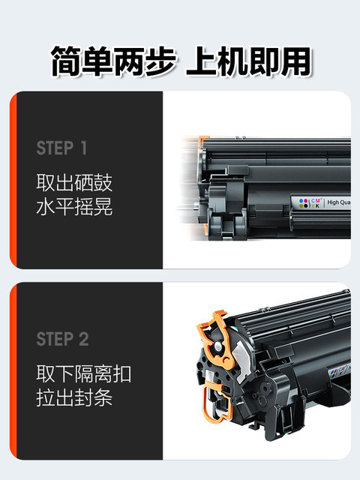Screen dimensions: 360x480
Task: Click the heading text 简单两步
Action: (113, 61)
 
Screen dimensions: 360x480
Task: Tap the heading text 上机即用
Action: (249, 61)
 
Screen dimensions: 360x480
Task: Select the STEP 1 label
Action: (61, 148)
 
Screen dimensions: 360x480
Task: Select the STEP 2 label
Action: (63, 339)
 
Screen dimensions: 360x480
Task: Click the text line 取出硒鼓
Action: (74, 183)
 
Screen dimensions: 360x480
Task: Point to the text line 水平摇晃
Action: (74, 206)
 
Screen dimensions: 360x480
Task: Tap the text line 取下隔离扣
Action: (84, 373)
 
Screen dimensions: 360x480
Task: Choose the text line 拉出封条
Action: (74, 397)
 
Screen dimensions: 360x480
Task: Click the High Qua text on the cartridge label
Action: (339, 202)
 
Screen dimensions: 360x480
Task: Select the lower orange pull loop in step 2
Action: (215, 402)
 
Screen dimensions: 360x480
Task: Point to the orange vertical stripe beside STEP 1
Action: (13, 180)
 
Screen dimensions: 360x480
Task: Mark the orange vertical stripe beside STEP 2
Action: (13, 370)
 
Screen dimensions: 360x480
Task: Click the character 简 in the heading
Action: (67, 61)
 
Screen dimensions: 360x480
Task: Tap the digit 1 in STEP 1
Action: (83, 148)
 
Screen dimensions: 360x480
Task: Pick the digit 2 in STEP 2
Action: (83, 339)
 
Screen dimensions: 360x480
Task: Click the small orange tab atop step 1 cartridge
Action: (202, 142)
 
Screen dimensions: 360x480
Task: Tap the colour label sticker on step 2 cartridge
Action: (340, 370)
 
